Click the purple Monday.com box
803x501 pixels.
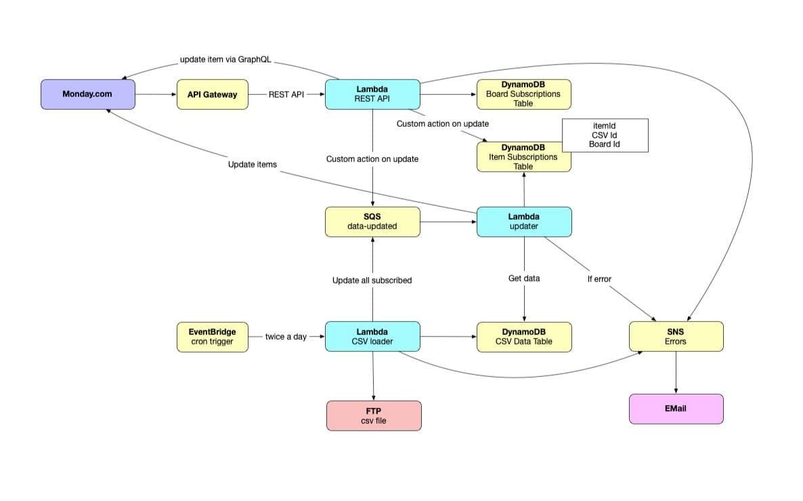tap(87, 94)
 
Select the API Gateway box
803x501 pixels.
tap(212, 94)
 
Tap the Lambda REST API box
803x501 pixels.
tap(372, 94)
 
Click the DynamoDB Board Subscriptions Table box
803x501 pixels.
tap(523, 94)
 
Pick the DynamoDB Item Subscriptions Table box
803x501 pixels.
tap(523, 157)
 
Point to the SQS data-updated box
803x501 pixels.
tap(372, 222)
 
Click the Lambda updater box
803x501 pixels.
tap(523, 222)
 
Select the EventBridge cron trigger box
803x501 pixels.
tap(212, 336)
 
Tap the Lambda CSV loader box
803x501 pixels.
tap(372, 336)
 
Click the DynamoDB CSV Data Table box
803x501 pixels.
tap(523, 336)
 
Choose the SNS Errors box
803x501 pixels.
tap(675, 336)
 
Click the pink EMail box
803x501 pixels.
tap(675, 409)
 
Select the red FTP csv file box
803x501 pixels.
tap(373, 415)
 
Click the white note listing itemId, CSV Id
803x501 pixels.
tap(605, 135)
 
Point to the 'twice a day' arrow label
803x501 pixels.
tap(286, 336)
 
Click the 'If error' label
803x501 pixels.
tap(599, 279)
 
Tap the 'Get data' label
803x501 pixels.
tap(523, 279)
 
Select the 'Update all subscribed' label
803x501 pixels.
tap(372, 280)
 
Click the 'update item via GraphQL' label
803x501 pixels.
tap(225, 60)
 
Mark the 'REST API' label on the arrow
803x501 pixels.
tap(286, 94)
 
